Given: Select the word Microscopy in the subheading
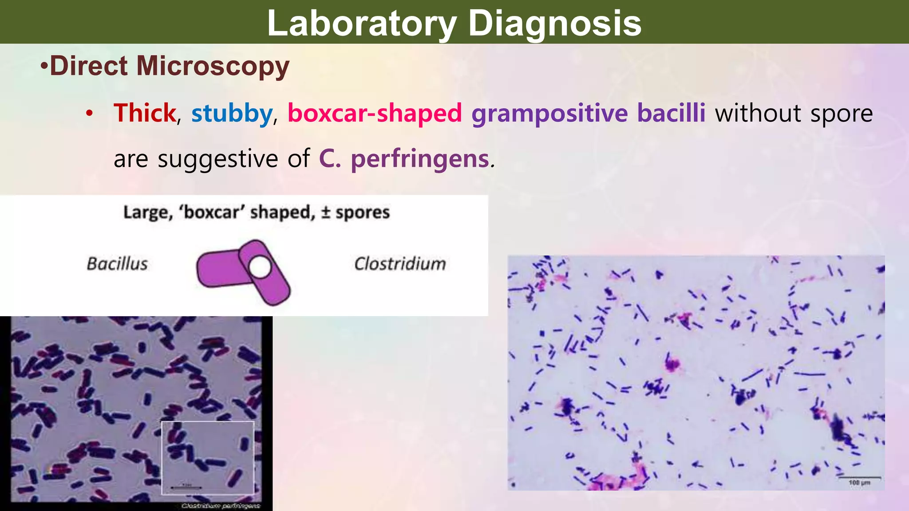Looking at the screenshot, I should tap(213, 67).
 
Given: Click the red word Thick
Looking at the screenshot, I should tap(145, 113).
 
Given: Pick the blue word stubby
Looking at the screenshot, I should tap(232, 114).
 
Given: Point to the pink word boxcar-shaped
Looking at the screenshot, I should tap(375, 113).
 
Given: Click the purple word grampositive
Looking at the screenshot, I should tap(549, 114).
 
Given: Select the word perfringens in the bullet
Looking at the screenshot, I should tap(420, 159).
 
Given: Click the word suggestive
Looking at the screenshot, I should tap(218, 159).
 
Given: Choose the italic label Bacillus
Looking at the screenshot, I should tap(117, 264).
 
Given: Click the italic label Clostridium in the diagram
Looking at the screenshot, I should tap(400, 264).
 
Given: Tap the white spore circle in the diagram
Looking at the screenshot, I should tap(260, 268).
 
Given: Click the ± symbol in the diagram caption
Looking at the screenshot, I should tap(325, 212).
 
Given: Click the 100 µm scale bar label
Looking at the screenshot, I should tap(859, 483).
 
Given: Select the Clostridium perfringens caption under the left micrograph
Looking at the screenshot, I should tap(221, 506).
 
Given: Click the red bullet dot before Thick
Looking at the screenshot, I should tap(90, 114).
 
